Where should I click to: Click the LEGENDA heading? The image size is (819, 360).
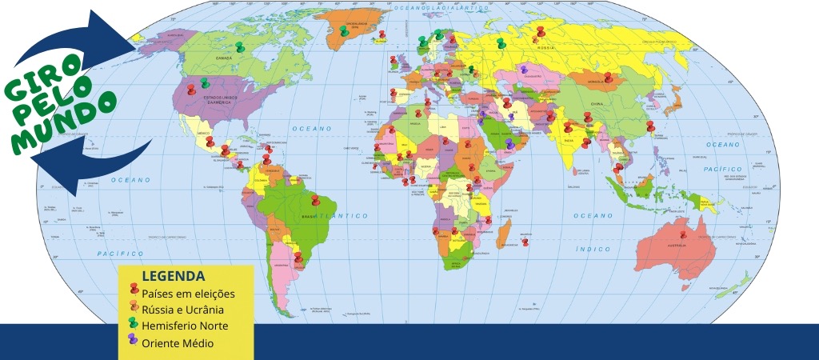(x=172, y=276)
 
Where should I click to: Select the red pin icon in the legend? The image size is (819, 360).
(x=134, y=291)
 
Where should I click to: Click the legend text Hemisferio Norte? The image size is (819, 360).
(x=185, y=326)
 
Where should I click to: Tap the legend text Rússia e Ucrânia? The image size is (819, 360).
(x=182, y=310)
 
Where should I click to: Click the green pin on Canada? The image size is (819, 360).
(x=239, y=47)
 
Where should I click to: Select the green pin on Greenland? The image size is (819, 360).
(x=343, y=30)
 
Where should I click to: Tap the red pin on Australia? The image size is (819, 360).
(x=682, y=236)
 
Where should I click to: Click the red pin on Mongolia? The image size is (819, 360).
(x=608, y=78)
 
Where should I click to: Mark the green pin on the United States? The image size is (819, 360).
(x=205, y=82)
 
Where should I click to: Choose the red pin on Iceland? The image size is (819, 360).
(x=382, y=34)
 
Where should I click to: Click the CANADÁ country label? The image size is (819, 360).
(x=224, y=58)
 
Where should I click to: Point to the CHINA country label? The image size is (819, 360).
(x=597, y=104)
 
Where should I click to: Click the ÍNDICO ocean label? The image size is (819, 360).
(x=593, y=249)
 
